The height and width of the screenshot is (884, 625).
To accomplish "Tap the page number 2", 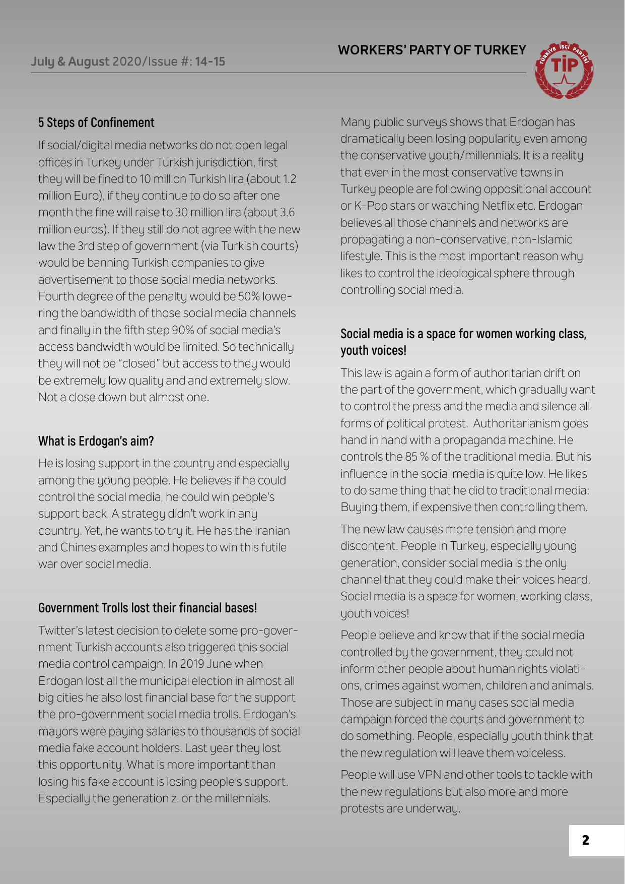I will tap(585, 840).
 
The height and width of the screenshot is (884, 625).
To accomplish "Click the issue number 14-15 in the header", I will tap(210, 62).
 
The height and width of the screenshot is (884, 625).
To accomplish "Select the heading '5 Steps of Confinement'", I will tap(96, 123).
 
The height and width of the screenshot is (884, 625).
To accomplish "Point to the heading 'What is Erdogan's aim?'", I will tap(96, 441).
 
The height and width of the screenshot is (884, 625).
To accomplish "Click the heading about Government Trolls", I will tap(148, 608).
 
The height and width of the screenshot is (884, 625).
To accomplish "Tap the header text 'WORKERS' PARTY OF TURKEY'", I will tap(432, 50).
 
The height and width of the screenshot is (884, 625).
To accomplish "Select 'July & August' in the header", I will tap(70, 62).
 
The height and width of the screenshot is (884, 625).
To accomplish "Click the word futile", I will tap(271, 547).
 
